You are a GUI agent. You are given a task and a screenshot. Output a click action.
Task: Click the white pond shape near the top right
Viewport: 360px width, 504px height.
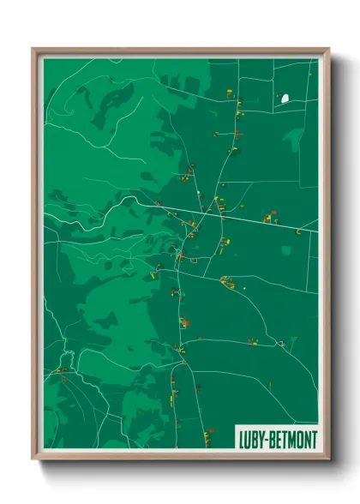click(285, 99)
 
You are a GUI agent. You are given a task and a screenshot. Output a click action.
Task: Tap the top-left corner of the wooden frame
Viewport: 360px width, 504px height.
click(33, 50)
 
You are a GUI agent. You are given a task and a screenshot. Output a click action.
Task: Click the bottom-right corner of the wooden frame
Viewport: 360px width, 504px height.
click(328, 459)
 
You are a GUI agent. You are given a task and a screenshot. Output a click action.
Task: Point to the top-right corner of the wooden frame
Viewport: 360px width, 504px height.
click(328, 50)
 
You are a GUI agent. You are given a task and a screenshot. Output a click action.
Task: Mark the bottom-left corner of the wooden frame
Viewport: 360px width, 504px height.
click(33, 459)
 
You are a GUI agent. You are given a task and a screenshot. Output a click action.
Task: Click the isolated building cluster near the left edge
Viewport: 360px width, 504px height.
click(61, 370)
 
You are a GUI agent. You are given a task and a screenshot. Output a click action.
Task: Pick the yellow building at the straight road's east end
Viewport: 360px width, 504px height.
click(297, 231)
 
